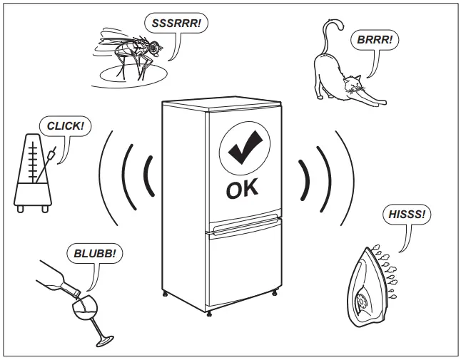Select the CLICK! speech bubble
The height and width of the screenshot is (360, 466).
point(65,126)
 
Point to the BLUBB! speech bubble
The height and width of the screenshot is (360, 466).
point(93,252)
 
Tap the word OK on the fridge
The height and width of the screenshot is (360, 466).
point(243,190)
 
